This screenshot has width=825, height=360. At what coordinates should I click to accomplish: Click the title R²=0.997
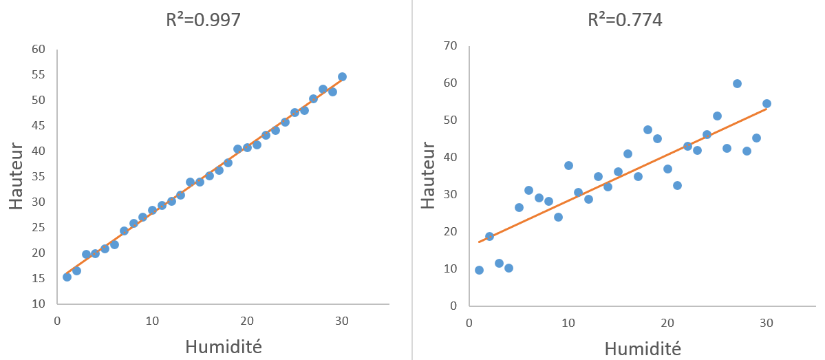point(203,20)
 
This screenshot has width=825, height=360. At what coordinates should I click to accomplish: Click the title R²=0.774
point(625,20)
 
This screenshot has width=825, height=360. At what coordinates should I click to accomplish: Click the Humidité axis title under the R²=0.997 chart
point(224,346)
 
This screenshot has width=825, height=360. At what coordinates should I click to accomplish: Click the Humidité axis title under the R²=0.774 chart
point(643,348)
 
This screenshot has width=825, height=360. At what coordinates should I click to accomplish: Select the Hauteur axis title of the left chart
point(17,176)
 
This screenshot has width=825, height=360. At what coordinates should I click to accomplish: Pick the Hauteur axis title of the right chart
point(428,176)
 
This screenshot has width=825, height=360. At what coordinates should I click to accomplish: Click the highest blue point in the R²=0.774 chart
point(737,83)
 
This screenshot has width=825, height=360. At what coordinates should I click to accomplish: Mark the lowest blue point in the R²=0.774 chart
point(479,270)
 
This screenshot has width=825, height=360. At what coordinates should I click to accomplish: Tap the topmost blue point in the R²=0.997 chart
point(342,76)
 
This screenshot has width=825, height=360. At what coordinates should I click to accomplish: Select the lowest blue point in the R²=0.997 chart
point(67,277)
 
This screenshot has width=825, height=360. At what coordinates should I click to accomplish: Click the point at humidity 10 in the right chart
point(568,165)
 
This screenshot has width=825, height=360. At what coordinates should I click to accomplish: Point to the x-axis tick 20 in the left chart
point(246,320)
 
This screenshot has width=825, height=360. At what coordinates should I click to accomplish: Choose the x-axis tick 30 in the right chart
point(767,322)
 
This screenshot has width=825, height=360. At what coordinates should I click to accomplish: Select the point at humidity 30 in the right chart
point(767,104)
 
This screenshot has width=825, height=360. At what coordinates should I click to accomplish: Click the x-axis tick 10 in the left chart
point(152,320)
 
